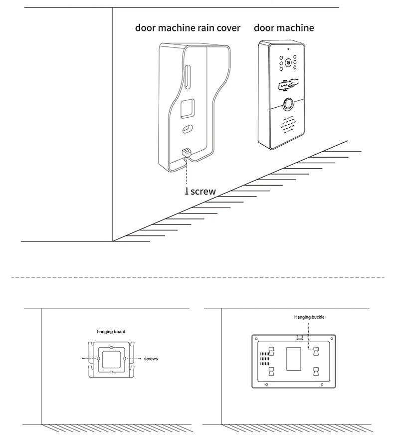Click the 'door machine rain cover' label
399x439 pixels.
[188, 27]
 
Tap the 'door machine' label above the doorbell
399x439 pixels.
[284, 27]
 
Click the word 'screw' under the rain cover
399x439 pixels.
[203, 191]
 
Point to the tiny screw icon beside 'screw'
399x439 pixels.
[187, 192]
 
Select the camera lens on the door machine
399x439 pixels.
[288, 63]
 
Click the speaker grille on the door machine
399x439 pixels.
[288, 125]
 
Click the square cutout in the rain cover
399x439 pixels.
[188, 108]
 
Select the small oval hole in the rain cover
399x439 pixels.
[187, 129]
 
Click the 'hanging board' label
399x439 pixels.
[111, 331]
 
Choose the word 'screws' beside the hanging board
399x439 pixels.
[151, 359]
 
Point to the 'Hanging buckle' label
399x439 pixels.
[309, 317]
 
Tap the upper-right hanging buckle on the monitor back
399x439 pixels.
[316, 351]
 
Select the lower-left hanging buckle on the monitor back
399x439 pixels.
[272, 371]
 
